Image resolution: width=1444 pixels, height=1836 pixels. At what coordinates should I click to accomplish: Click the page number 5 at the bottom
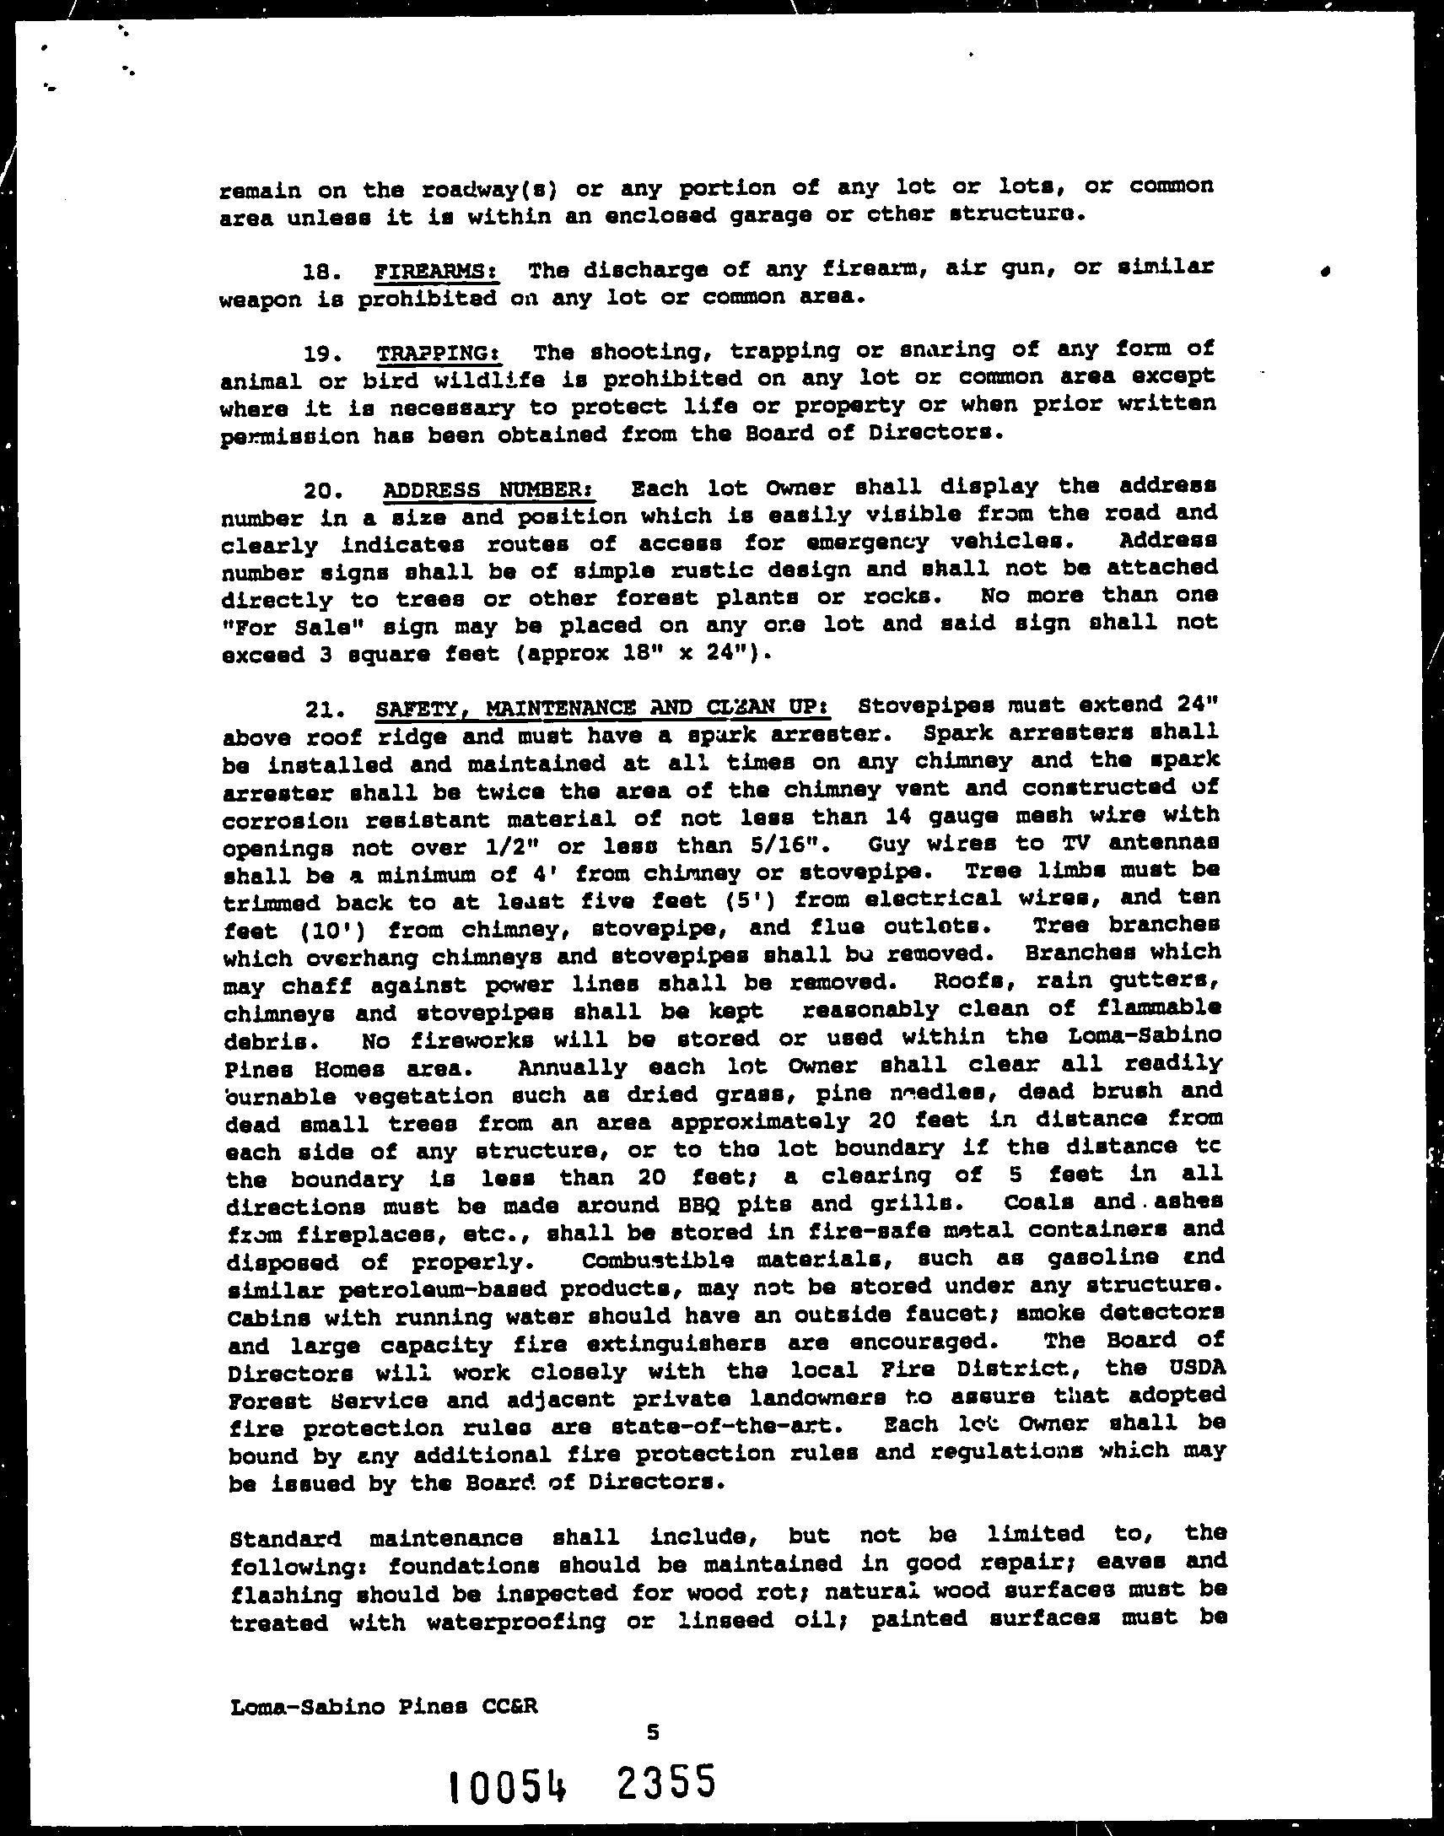coord(652,1709)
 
